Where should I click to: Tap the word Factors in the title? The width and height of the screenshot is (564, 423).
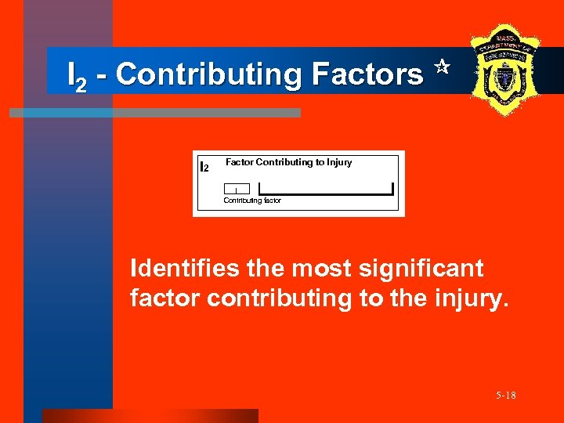[x=367, y=75]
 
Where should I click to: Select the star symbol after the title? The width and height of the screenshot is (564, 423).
[x=440, y=68]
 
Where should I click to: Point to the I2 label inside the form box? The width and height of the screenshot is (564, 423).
[x=204, y=167]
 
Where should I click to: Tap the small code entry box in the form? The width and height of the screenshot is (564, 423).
[x=237, y=189]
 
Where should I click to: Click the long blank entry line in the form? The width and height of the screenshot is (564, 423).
[x=326, y=190]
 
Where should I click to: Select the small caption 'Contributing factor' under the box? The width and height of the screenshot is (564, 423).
[x=252, y=201]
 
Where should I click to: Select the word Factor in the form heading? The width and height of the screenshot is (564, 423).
[x=239, y=162]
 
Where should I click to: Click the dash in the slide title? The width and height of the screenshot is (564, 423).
[x=102, y=75]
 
